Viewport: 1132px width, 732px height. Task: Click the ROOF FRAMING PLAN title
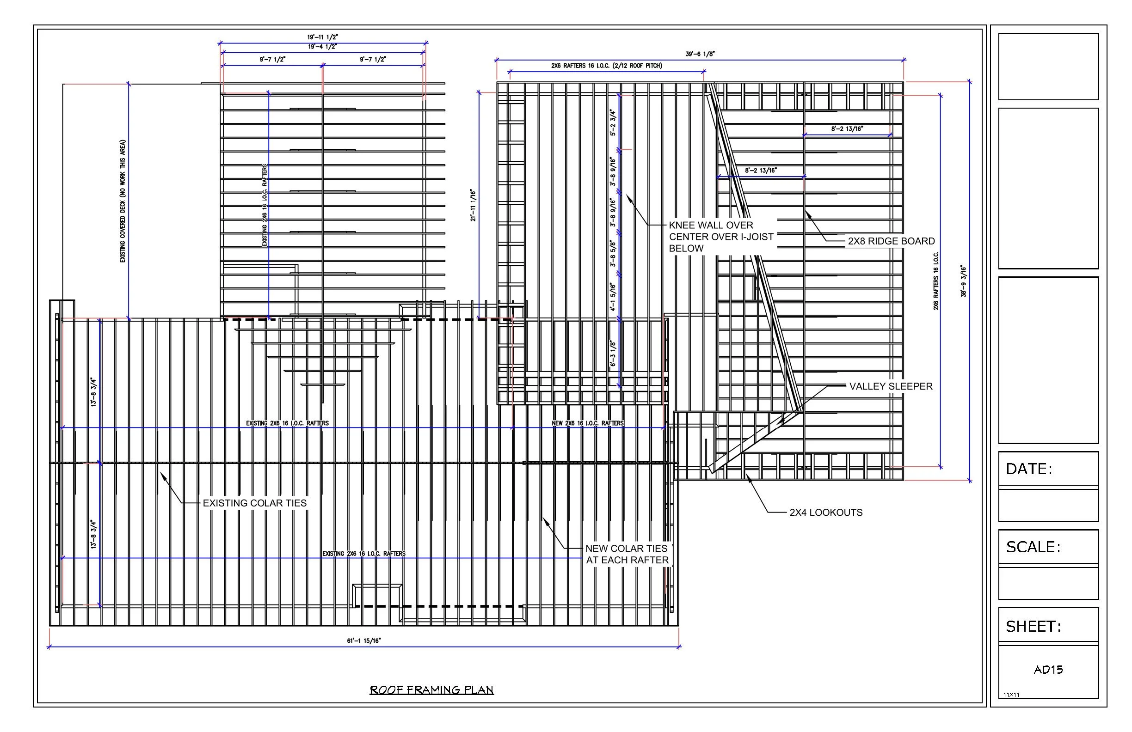[431, 689]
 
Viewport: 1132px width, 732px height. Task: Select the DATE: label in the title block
[1028, 469]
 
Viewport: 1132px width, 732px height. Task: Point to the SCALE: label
[1033, 547]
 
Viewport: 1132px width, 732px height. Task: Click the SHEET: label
[1033, 627]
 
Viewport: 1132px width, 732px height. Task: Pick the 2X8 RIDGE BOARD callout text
[891, 241]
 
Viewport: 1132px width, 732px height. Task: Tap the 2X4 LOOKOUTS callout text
[826, 512]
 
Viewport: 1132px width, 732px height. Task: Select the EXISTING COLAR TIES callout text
[254, 503]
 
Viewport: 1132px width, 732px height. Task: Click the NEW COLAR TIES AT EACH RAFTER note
[627, 554]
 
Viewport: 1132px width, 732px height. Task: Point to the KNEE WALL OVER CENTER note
[720, 237]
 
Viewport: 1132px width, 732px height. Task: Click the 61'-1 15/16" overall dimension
[364, 641]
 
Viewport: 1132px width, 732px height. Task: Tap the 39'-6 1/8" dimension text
[700, 54]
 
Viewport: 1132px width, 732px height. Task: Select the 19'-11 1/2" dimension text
[322, 37]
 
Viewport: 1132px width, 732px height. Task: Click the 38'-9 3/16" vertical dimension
[964, 281]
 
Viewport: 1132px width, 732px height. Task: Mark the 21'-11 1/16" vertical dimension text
[473, 205]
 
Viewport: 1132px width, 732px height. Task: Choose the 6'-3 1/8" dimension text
[613, 354]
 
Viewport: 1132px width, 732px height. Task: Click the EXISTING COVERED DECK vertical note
[123, 201]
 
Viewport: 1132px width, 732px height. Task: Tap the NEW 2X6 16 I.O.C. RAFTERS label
[587, 423]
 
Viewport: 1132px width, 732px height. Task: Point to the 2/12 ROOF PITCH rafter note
[606, 66]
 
